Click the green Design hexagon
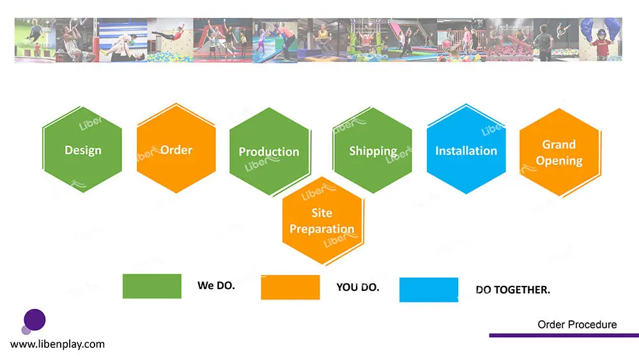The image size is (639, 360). click(82, 150)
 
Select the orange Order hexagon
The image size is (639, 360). click(176, 149)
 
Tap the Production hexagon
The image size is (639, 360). click(269, 152)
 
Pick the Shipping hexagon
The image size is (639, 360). click(373, 150)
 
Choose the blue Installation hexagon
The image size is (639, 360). click(466, 150)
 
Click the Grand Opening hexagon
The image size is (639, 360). click(559, 152)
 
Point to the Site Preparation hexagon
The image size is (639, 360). click(322, 221)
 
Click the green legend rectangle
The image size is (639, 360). click(152, 286)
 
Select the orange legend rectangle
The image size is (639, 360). click(290, 288)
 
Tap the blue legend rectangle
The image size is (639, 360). click(429, 290)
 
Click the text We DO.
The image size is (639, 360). click(217, 285)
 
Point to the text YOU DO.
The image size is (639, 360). click(358, 288)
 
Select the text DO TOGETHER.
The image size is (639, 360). click(512, 290)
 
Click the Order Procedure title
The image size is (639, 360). click(577, 325)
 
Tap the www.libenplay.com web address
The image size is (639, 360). click(58, 344)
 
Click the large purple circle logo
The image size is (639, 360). click(35, 320)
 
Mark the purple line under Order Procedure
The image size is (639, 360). click(564, 336)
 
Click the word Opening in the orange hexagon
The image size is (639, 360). click(559, 161)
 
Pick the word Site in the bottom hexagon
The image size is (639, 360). click(322, 213)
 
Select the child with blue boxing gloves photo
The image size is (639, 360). click(600, 40)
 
